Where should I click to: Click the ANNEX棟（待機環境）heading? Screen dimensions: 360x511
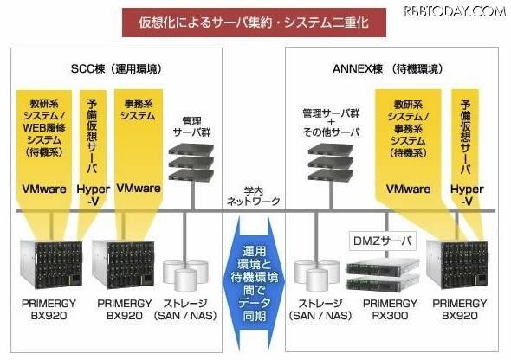pos(374,68)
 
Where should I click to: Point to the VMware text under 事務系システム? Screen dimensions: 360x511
pos(138,188)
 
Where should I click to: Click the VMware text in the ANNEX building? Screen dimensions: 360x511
pos(408,188)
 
